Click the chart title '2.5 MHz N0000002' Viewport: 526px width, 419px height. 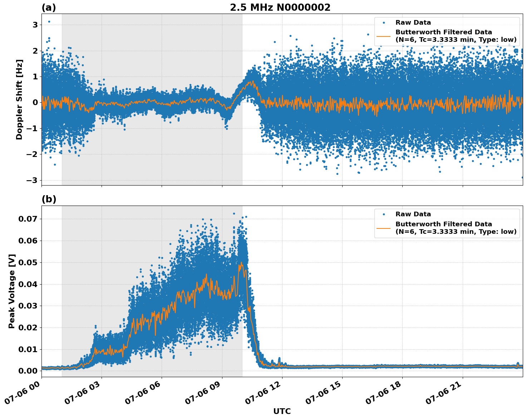[280, 8]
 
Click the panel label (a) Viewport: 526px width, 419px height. [49, 8]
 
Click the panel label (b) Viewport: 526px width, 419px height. [49, 199]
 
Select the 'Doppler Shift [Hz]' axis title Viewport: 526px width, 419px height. [19, 99]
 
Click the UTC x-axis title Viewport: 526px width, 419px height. [282, 411]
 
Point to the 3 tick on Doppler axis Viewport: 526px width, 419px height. [35, 25]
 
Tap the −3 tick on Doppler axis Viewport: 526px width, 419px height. [32, 180]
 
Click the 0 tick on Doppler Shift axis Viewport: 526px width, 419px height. [35, 103]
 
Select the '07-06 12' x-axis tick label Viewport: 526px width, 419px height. [263, 393]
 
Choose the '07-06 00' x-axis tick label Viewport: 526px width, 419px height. [22, 393]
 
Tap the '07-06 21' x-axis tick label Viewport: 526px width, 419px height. [443, 393]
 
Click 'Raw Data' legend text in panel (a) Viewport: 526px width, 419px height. [413, 23]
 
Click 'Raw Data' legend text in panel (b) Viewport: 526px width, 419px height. [413, 214]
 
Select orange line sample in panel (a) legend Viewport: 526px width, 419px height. [384, 36]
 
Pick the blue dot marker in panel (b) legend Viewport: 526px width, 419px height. [384, 214]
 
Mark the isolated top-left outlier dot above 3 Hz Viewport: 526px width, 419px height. [49, 21]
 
